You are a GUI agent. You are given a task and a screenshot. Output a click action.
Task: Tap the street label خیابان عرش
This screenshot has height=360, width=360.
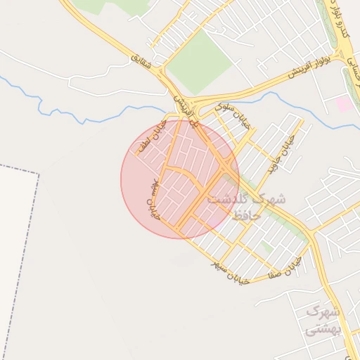click(x=153, y=198)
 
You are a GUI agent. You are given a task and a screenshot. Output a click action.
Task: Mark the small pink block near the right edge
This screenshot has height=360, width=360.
click(x=345, y=104)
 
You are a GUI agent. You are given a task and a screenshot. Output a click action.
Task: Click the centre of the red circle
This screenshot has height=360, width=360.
click(x=180, y=179)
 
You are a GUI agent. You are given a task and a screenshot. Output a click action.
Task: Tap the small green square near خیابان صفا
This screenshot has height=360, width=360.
click(x=266, y=247)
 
